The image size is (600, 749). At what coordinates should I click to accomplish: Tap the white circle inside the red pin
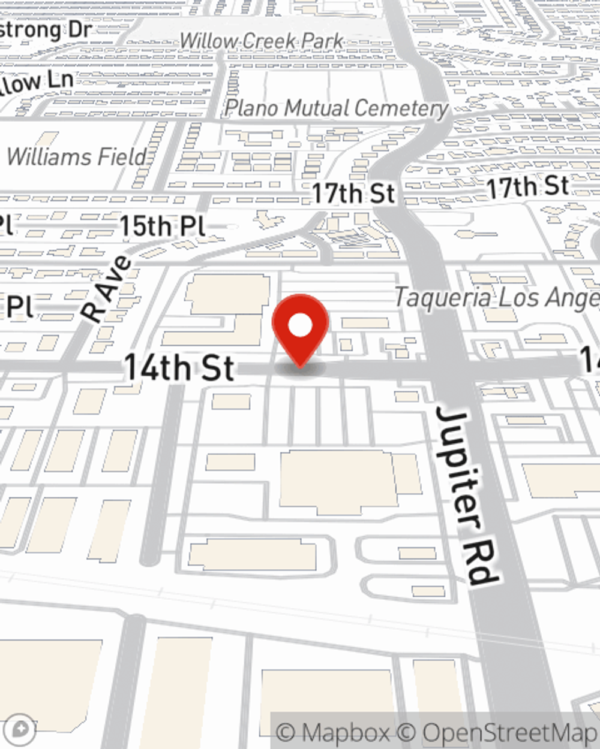click(300, 326)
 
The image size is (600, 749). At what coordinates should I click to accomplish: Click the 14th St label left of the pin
click(178, 367)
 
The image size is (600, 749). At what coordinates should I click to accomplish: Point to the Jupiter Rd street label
click(467, 494)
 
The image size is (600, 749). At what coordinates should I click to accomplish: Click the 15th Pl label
click(162, 226)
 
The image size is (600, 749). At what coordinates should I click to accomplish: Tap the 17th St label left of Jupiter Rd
click(353, 194)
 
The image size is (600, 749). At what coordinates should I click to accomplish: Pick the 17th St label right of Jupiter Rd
click(527, 187)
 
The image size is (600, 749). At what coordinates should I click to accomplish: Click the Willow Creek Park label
click(262, 41)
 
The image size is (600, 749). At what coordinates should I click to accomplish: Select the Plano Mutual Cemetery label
click(336, 108)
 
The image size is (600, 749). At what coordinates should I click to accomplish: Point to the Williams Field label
click(77, 157)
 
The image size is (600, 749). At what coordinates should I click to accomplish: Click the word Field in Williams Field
click(122, 157)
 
